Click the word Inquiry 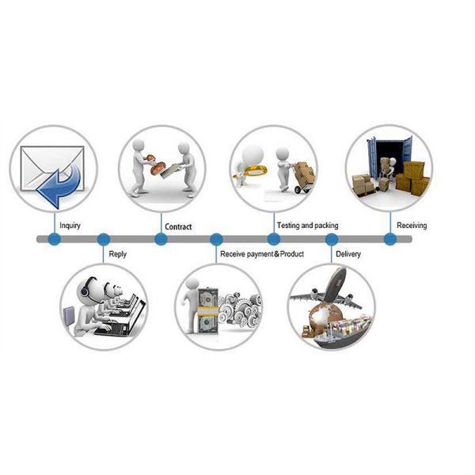[70, 226]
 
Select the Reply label [117, 254]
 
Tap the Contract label [178, 226]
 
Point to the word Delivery [348, 254]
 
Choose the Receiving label [412, 226]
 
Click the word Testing [288, 226]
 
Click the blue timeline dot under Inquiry [55, 239]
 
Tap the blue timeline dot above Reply [104, 239]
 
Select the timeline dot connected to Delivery [332, 239]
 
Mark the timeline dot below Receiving [390, 239]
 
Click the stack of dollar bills [208, 311]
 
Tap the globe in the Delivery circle [323, 317]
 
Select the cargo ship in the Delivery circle [343, 331]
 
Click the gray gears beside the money [240, 310]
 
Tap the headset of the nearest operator [85, 288]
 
